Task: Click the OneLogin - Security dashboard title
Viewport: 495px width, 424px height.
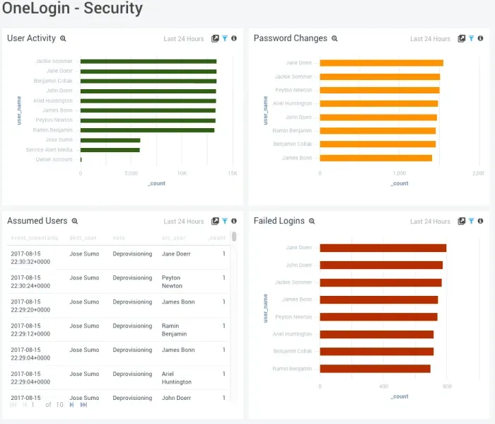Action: (x=72, y=9)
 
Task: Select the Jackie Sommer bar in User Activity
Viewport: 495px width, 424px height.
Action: (x=148, y=62)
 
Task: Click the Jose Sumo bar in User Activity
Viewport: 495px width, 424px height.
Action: (x=110, y=140)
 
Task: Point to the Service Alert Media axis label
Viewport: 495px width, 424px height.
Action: (x=49, y=150)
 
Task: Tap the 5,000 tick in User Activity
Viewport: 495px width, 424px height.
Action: (x=131, y=173)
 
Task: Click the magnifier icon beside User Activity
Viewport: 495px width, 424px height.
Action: (x=63, y=39)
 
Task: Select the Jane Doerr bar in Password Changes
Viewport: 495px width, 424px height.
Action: (x=381, y=63)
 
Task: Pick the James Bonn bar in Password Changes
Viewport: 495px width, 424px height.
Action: (x=375, y=158)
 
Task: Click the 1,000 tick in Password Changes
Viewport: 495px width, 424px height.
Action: (x=399, y=173)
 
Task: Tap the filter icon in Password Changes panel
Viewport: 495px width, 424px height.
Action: (x=471, y=39)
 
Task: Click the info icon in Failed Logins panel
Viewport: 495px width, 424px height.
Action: (x=481, y=222)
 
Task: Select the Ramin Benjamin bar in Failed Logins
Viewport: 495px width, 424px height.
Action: (x=375, y=369)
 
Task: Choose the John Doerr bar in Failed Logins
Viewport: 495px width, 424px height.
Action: (x=381, y=265)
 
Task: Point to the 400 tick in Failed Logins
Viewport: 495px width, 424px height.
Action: (x=383, y=386)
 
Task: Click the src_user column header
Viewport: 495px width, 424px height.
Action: (x=173, y=238)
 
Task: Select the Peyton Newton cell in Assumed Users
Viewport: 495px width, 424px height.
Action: (x=171, y=282)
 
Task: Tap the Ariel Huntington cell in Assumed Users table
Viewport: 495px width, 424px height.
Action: (x=177, y=378)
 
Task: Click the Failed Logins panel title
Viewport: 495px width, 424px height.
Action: (x=279, y=221)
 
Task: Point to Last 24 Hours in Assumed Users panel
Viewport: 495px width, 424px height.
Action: (x=183, y=222)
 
